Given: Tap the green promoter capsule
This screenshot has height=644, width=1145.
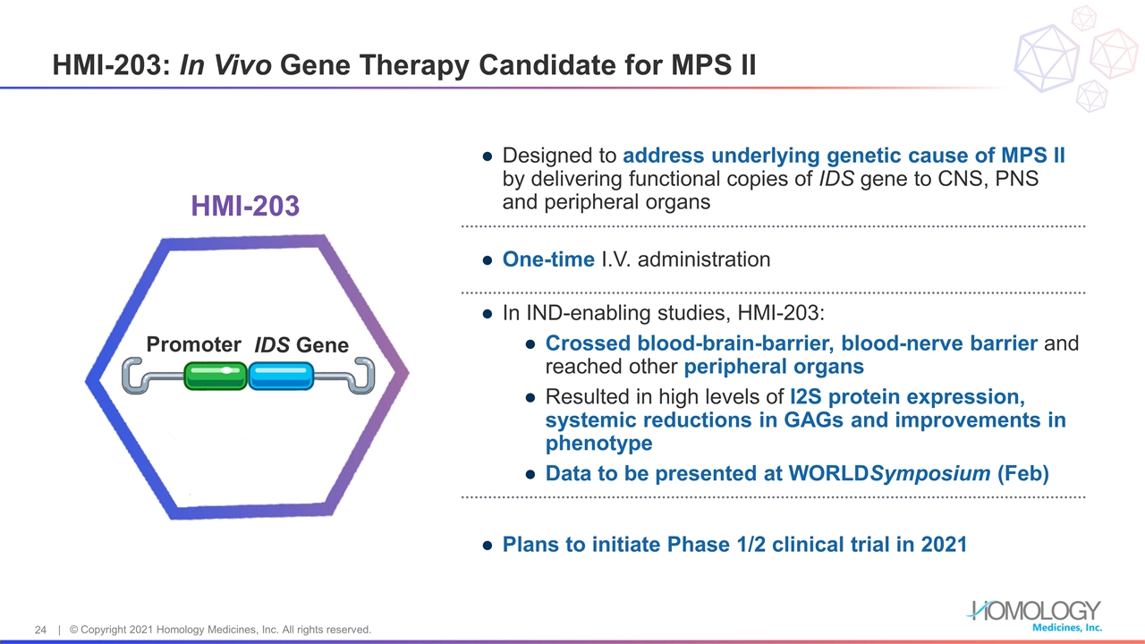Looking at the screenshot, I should coord(216,376).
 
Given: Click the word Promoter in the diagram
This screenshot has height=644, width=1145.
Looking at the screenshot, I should coord(194,345).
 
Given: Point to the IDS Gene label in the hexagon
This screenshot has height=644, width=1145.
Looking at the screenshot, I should coord(301,345).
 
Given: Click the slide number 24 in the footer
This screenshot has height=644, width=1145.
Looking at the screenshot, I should coord(40,630).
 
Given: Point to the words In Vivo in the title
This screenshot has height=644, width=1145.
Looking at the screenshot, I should coord(226,65).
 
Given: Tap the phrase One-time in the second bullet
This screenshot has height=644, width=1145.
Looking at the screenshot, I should coord(548,259).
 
